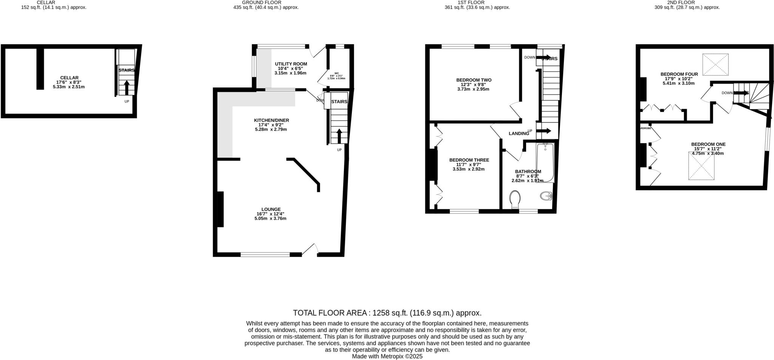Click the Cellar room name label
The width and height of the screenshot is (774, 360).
(x=69, y=78)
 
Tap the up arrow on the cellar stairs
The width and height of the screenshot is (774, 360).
(x=127, y=87)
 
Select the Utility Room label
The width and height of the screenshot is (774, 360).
(x=291, y=64)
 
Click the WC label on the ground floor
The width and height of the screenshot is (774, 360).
(x=336, y=73)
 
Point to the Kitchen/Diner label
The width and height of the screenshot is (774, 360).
(x=271, y=120)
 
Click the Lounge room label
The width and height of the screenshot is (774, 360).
(x=271, y=209)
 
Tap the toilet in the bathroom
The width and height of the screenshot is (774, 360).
(x=514, y=199)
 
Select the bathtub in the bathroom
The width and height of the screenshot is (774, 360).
(x=545, y=163)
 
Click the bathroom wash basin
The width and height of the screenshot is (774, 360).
(x=546, y=196)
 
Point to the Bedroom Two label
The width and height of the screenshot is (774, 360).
(x=474, y=80)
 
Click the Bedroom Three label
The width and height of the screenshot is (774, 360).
(x=469, y=160)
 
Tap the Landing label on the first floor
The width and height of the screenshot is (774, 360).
(x=518, y=133)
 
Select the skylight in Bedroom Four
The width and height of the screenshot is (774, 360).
(x=715, y=65)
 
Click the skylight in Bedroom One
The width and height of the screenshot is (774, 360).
(x=701, y=166)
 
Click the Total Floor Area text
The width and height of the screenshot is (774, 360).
(x=387, y=313)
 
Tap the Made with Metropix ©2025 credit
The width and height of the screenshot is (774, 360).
(x=387, y=356)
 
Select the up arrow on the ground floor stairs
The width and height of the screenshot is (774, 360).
(x=339, y=136)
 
